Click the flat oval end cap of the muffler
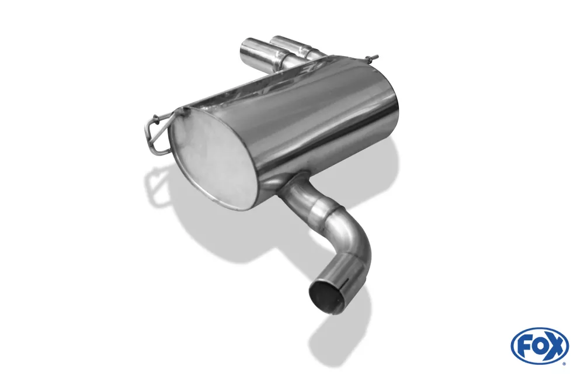point(208,157)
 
